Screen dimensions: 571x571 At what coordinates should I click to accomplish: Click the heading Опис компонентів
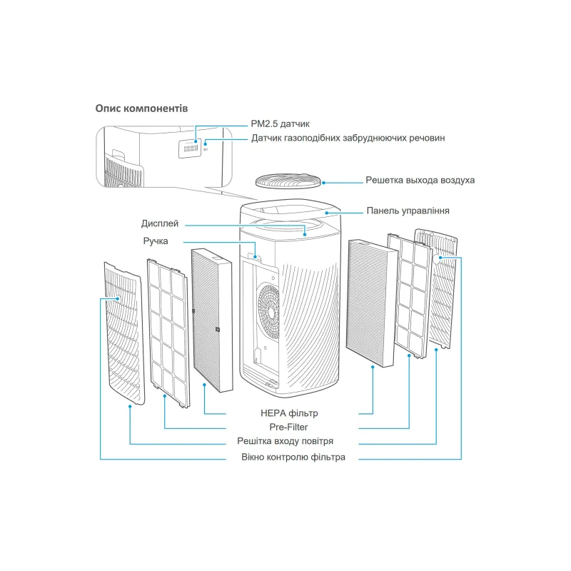[x=141, y=108]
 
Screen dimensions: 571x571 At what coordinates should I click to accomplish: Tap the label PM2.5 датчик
[x=280, y=123]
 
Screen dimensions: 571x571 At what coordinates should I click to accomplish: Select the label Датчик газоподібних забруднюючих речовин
[x=348, y=138]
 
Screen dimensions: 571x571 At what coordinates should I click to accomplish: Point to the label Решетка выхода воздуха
[x=420, y=180]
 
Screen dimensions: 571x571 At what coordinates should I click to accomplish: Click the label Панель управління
[x=408, y=211]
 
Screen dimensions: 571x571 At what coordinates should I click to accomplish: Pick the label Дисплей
[x=160, y=223]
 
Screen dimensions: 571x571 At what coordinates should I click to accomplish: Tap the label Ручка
[x=155, y=241]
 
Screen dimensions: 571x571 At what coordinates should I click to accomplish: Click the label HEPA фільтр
[x=289, y=413]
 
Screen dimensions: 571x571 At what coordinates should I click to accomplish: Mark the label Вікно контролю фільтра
[x=293, y=457]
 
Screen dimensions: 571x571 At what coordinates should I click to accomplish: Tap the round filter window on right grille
[x=438, y=261]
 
